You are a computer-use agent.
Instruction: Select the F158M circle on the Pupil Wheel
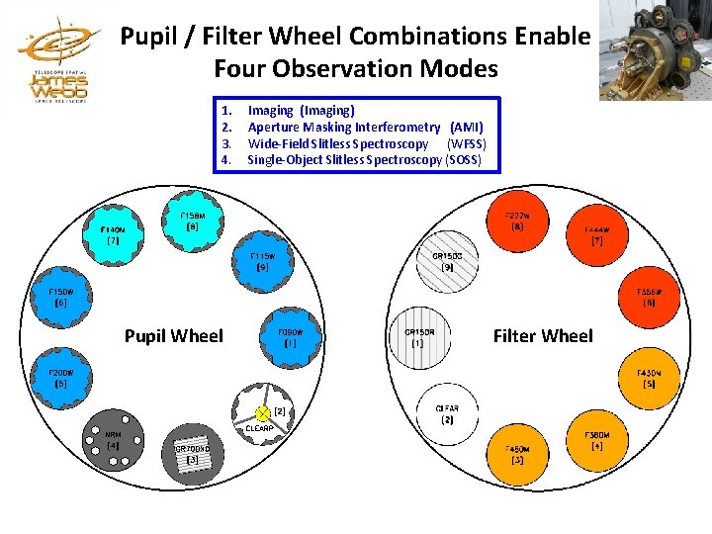tap(192, 222)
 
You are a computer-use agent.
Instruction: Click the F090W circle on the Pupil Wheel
tap(290, 338)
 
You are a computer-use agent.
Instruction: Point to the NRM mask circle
tap(113, 440)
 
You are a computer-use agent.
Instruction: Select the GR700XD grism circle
tap(192, 454)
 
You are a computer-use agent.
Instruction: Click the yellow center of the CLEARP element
tap(262, 412)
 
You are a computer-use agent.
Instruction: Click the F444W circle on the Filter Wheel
tap(597, 235)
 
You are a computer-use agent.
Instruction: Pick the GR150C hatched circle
tap(447, 262)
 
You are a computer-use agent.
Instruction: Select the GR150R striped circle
tap(419, 338)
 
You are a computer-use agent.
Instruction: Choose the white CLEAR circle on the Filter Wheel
tap(447, 414)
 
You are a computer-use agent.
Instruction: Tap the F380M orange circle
tap(597, 440)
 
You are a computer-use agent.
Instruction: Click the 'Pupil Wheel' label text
tap(174, 336)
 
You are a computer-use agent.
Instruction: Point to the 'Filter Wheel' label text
tap(543, 336)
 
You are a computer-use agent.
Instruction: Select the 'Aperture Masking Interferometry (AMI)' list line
tap(365, 127)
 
